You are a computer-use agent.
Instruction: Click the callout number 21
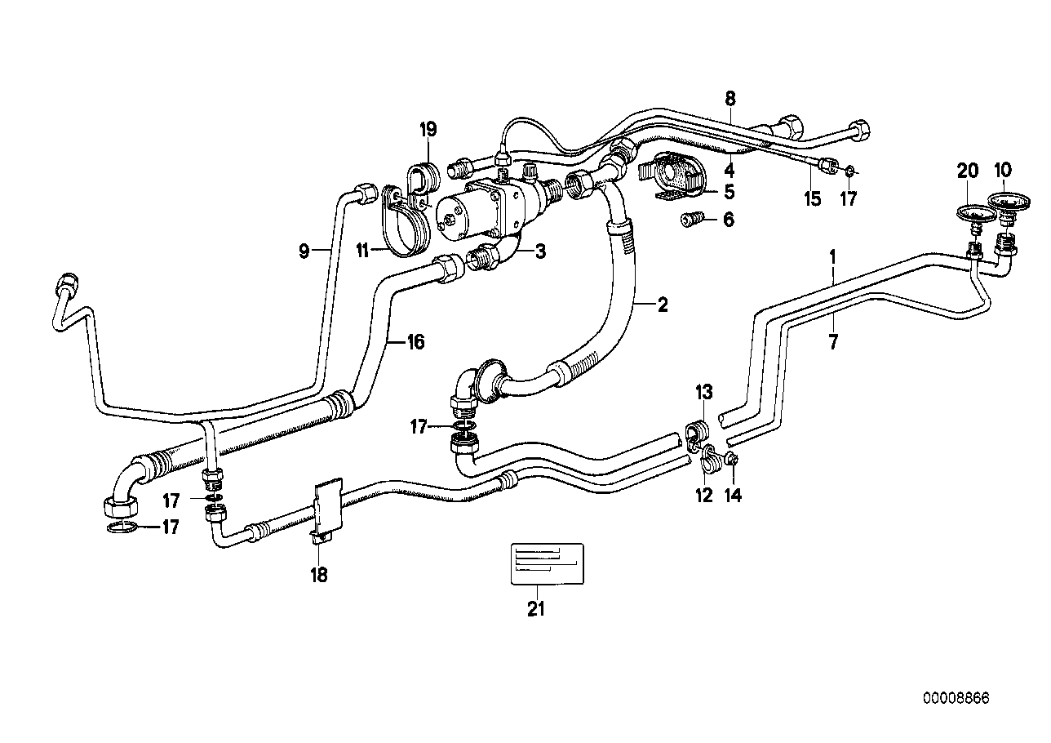[x=535, y=609]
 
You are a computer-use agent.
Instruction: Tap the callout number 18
[x=318, y=575]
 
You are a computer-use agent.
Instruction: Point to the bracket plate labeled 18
[x=326, y=507]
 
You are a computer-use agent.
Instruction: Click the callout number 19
[x=428, y=129]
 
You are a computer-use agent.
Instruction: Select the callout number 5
[x=729, y=192]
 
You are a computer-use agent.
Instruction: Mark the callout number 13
[x=703, y=393]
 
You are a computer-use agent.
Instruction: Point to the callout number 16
[x=415, y=341]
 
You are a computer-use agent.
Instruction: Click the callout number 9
[x=304, y=251]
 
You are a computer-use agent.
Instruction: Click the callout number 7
[x=832, y=342]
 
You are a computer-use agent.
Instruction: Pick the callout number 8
[x=729, y=99]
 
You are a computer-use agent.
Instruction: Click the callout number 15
[x=812, y=198]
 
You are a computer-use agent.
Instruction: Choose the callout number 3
[x=539, y=252]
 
